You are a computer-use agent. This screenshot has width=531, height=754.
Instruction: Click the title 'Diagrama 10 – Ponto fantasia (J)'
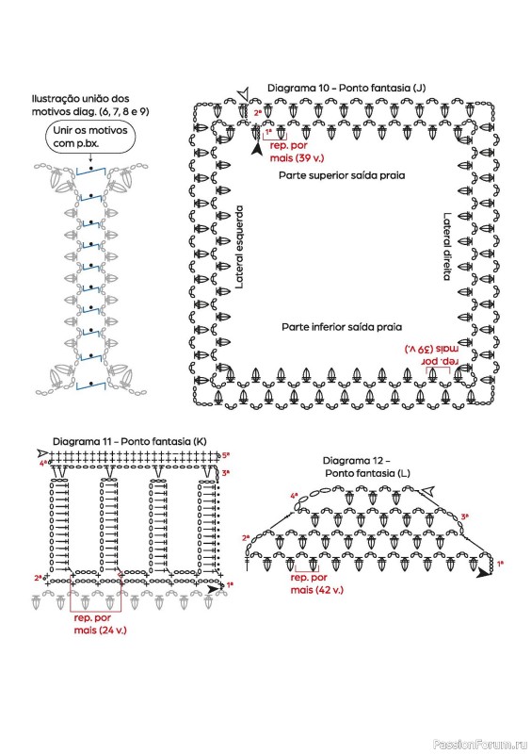[346, 88]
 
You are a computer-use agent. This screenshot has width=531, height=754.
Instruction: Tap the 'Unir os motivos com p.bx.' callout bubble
[90, 137]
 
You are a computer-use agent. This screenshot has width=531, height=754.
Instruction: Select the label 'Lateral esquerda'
[240, 247]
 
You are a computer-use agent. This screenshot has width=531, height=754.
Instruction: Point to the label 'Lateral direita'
[447, 247]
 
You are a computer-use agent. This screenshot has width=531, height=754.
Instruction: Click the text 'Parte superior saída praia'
[342, 175]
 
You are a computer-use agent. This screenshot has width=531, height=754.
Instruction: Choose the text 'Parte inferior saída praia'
[342, 327]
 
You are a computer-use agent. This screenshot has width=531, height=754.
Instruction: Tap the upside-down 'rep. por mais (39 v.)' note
[432, 354]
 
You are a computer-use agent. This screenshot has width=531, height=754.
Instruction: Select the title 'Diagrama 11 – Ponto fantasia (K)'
[129, 441]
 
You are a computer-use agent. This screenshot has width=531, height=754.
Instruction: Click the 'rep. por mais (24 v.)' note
[100, 624]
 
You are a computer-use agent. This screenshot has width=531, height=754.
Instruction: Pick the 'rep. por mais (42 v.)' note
[316, 583]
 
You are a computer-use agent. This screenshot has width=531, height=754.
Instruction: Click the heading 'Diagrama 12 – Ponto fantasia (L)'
[367, 467]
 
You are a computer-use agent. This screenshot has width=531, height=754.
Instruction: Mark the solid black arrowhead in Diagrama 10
[257, 148]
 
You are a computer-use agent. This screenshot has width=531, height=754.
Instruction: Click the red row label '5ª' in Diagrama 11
[226, 454]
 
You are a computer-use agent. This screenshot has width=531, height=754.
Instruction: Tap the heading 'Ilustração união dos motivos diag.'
[89, 105]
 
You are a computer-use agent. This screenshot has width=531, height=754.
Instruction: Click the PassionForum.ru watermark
[480, 745]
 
